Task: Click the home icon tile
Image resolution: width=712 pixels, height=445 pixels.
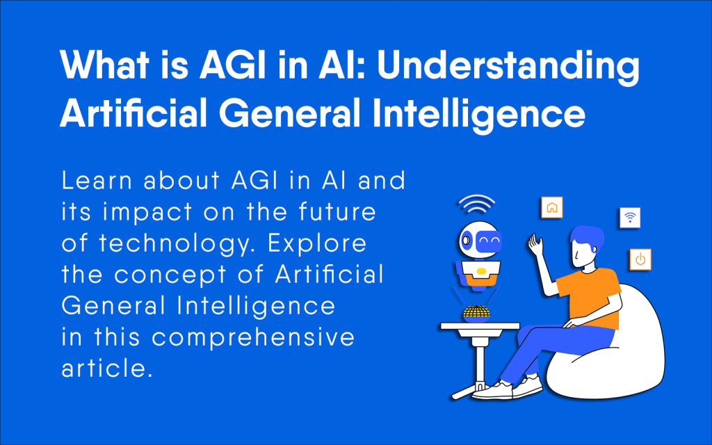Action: click(x=552, y=207)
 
